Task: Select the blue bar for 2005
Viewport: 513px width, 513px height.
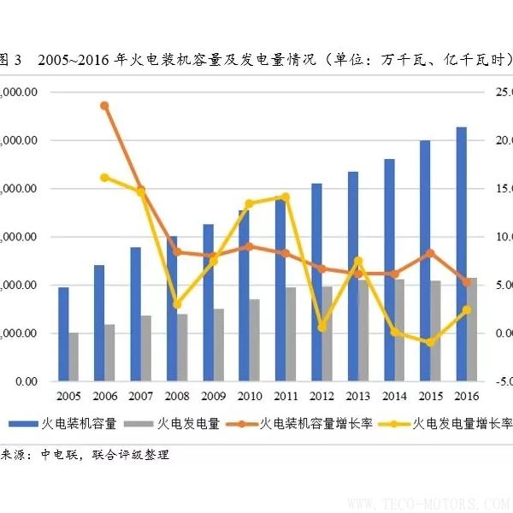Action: (63, 333)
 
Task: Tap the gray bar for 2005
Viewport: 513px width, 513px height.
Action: (74, 357)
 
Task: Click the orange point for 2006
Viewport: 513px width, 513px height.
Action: (104, 106)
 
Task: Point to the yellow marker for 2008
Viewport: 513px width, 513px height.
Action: (177, 304)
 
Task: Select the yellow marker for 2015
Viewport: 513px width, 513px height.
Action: (431, 343)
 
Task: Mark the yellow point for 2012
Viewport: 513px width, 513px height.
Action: (322, 327)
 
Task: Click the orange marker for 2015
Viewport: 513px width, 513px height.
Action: (431, 252)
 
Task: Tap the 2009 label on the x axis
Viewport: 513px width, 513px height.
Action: (213, 396)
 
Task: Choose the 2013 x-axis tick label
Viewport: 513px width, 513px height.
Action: (358, 396)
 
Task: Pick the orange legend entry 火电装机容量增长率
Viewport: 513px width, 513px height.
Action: (316, 422)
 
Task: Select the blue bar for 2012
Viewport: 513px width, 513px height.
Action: (317, 282)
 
